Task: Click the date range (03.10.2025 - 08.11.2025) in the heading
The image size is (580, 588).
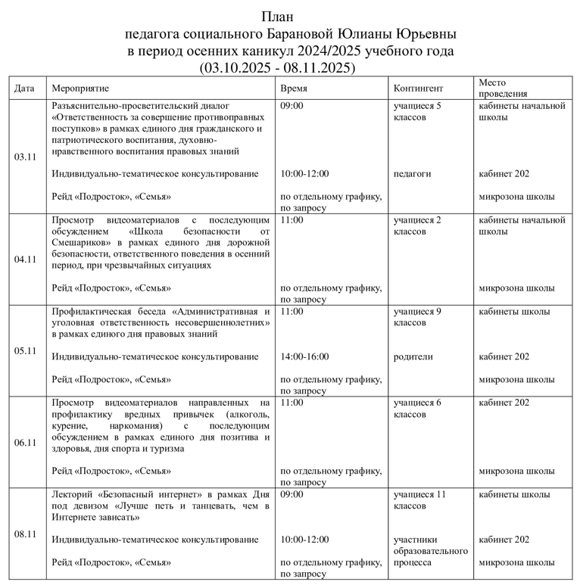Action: pos(277,67)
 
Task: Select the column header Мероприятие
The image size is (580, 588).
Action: pos(80,88)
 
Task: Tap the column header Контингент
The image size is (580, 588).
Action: pos(419,88)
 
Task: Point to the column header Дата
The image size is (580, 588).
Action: pos(25,88)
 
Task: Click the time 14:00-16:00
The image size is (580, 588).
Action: pos(304,356)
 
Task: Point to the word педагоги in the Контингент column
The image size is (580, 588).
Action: pos(412,173)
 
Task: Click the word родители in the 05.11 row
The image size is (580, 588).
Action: pos(413,356)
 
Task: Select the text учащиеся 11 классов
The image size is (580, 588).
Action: pos(419,500)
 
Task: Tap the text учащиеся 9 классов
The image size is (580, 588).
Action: pos(417,317)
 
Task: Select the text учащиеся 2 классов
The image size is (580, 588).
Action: pos(417,226)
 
